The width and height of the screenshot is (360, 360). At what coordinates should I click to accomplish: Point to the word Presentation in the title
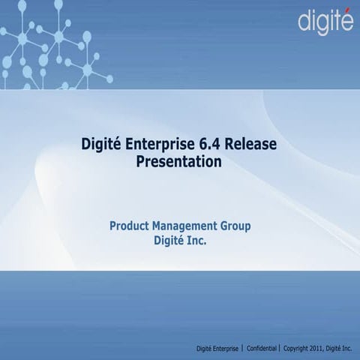pyautogui.click(x=179, y=160)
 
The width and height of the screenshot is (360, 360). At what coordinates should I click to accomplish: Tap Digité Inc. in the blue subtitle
pyautogui.click(x=179, y=241)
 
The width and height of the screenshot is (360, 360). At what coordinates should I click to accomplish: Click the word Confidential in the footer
pyautogui.click(x=259, y=349)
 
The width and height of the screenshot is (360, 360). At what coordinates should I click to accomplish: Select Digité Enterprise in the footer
pyautogui.click(x=217, y=349)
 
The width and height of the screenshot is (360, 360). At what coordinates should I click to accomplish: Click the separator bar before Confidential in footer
pyautogui.click(x=242, y=349)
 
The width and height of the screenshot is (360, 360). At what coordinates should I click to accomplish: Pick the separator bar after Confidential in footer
pyautogui.click(x=279, y=349)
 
